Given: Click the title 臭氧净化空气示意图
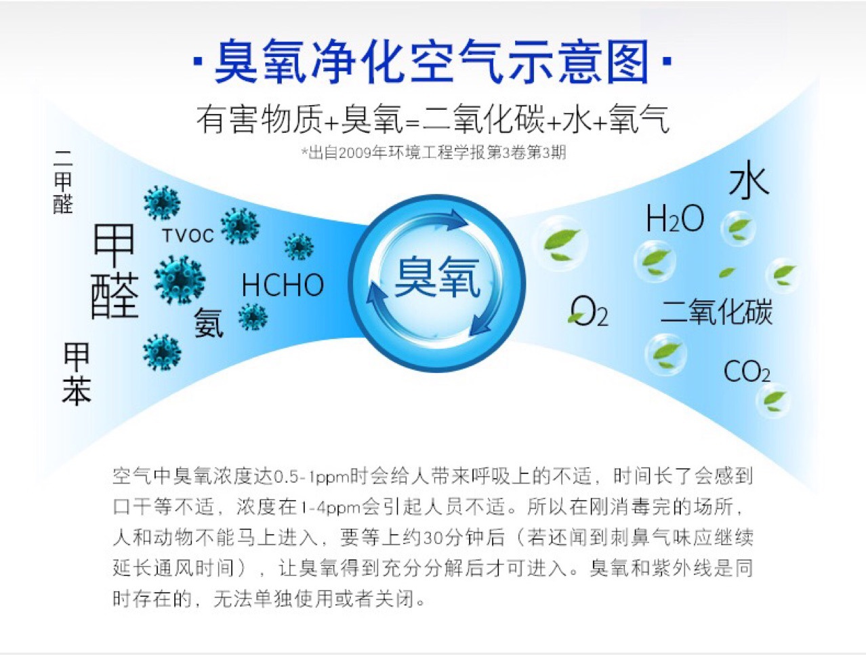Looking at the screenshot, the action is pyautogui.click(x=432, y=62).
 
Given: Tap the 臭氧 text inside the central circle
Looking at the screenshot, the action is pyautogui.click(x=437, y=279).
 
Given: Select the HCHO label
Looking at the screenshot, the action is pyautogui.click(x=283, y=285).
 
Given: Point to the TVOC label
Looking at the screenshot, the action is pyautogui.click(x=188, y=235).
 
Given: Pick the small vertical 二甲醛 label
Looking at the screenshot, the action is pyautogui.click(x=63, y=182).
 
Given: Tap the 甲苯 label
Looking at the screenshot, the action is pyautogui.click(x=77, y=374).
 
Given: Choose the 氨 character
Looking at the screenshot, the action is pyautogui.click(x=209, y=323).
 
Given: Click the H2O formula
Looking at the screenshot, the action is pyautogui.click(x=674, y=219).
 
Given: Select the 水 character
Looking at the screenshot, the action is pyautogui.click(x=749, y=182).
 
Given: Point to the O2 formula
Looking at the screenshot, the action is pyautogui.click(x=589, y=312).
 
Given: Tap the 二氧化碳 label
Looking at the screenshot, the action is pyautogui.click(x=716, y=312).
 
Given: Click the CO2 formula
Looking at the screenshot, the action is pyautogui.click(x=747, y=372).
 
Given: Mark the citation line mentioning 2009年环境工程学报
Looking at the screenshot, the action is pyautogui.click(x=434, y=153).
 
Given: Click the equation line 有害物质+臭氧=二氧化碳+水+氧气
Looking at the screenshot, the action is pyautogui.click(x=432, y=119).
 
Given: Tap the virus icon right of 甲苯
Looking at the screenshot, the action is pyautogui.click(x=162, y=351).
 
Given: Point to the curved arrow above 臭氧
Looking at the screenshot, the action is pyautogui.click(x=441, y=219).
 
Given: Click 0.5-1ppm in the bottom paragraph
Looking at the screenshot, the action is pyautogui.click(x=311, y=477).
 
